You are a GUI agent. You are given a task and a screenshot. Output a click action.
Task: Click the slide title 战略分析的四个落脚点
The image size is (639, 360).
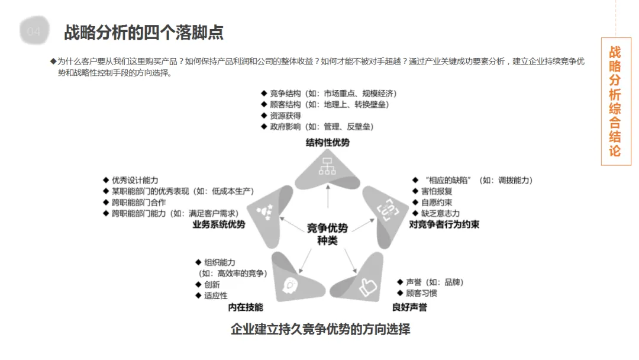(x=143, y=32)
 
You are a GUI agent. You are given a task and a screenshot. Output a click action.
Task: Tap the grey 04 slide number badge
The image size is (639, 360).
(x=34, y=31)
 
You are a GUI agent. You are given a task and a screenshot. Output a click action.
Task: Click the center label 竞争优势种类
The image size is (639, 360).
(x=327, y=234)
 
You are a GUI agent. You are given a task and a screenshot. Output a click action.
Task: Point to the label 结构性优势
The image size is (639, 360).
(x=327, y=143)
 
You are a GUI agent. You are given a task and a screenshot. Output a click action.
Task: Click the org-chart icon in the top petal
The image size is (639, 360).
(x=327, y=168)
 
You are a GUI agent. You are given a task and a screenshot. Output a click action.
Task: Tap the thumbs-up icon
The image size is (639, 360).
(x=367, y=287)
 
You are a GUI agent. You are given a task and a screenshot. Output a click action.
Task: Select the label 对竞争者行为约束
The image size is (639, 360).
(x=444, y=225)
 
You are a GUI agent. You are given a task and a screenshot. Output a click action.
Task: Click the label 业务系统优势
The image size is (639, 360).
(x=219, y=225)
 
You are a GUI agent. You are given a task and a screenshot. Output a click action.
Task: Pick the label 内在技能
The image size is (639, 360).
(x=246, y=307)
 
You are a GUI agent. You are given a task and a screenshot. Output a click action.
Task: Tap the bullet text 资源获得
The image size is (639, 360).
(x=285, y=116)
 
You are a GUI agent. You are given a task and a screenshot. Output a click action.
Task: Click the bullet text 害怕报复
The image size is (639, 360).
(x=437, y=191)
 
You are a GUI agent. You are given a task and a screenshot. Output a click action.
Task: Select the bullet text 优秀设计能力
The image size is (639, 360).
(x=135, y=180)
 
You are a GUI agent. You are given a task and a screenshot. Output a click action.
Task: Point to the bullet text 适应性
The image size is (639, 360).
(x=216, y=295)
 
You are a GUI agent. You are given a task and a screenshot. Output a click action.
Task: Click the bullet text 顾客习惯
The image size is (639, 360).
(x=422, y=293)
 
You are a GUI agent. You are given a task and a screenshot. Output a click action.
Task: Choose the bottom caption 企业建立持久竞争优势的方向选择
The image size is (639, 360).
(x=320, y=329)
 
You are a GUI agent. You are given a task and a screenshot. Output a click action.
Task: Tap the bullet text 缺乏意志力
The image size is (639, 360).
(x=440, y=213)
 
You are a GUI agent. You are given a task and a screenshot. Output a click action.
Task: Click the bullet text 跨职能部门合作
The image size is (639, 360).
(x=139, y=202)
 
